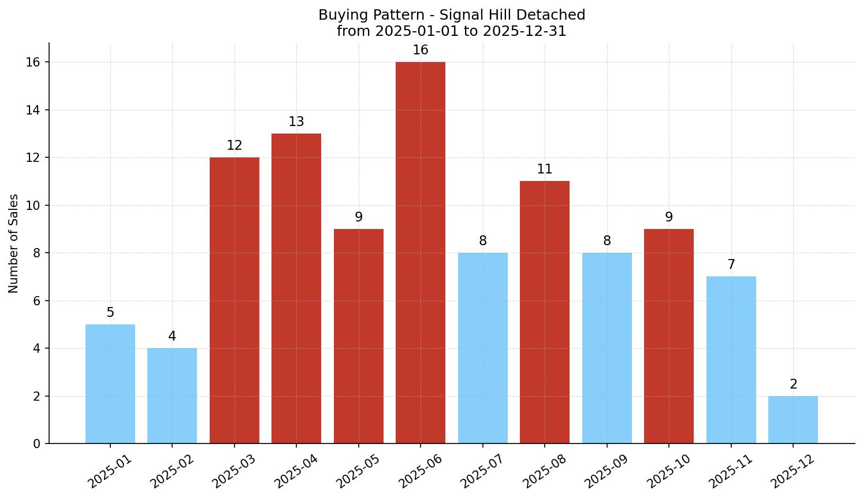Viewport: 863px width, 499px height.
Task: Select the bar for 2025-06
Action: pos(421,253)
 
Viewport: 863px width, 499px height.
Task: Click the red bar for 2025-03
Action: pos(234,301)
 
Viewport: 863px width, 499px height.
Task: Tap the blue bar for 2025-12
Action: pos(793,420)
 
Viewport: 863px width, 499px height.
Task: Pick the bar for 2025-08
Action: pos(544,312)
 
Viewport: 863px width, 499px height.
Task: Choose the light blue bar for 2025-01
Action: pos(110,384)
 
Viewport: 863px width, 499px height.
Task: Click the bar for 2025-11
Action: pos(731,360)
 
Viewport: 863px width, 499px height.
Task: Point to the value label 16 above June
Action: pos(421,50)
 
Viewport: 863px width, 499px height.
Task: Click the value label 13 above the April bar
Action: pos(296,122)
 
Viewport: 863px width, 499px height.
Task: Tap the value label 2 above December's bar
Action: pos(793,385)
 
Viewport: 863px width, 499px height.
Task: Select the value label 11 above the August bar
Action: pos(544,169)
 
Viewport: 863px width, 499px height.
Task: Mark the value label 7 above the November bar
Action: pos(731,265)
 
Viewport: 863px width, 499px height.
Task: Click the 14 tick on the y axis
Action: pos(33,110)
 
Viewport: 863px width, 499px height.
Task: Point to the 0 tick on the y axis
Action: pos(36,444)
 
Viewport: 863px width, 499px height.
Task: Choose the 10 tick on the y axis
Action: pos(33,205)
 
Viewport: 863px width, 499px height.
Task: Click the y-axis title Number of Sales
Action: pos(14,243)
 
